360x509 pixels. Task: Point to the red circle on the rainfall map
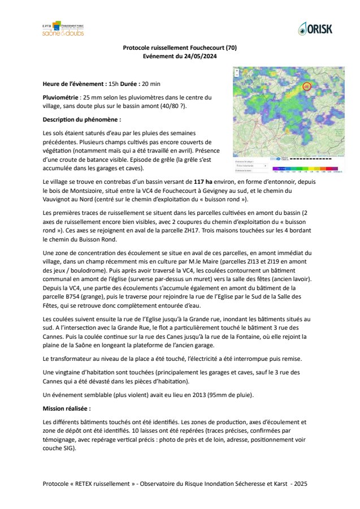pos(307,87)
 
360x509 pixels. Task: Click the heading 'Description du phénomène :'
pos(82,120)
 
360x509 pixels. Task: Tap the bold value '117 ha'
pos(203,183)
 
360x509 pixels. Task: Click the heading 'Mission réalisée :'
pos(66,407)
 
